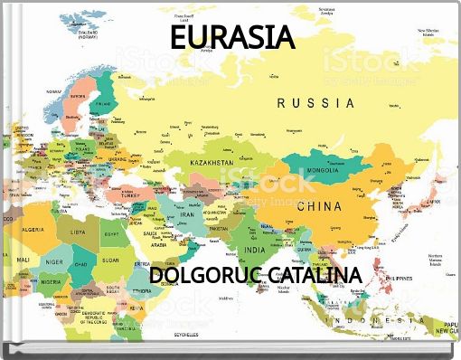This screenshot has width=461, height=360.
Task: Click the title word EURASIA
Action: coord(233,39)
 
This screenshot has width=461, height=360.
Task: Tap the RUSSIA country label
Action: coord(315,103)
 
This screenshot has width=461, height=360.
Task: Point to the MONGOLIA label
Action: coord(323,170)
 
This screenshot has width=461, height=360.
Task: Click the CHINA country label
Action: coord(319,206)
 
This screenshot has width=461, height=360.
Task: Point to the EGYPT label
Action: coord(109,235)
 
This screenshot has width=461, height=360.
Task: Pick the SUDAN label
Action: coord(110,261)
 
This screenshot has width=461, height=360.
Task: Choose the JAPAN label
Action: coord(432,202)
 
